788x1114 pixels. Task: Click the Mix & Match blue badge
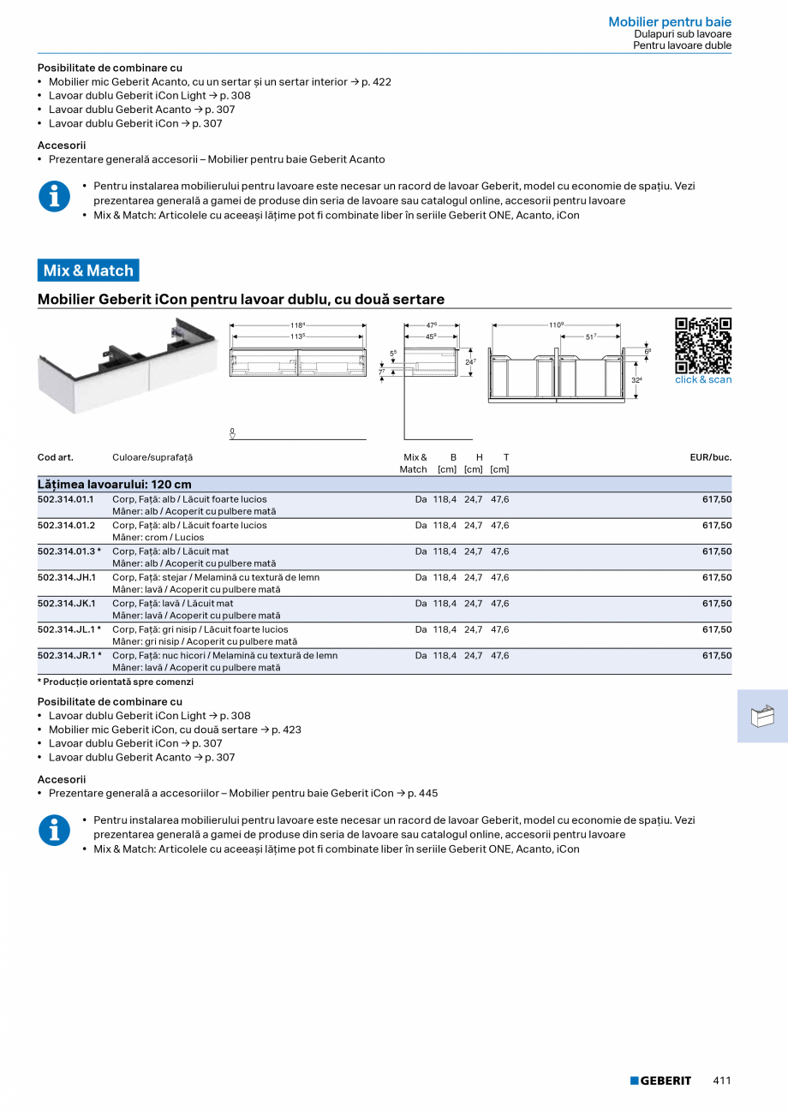[x=88, y=271]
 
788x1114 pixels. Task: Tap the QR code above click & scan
[x=702, y=345]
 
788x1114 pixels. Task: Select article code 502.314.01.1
[x=66, y=499]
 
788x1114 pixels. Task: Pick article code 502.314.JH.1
[x=66, y=577]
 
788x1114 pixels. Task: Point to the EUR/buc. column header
[x=710, y=457]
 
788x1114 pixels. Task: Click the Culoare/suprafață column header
[x=152, y=457]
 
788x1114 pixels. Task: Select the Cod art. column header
[x=56, y=457]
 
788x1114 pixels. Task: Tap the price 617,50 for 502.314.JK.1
[x=717, y=604]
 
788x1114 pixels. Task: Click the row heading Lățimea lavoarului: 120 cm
[x=115, y=485]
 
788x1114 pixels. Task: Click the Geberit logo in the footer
[x=660, y=1081]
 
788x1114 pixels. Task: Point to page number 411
[x=721, y=1081]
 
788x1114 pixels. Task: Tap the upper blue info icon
[x=55, y=196]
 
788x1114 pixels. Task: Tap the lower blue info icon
[x=55, y=831]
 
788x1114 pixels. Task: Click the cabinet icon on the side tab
[x=761, y=716]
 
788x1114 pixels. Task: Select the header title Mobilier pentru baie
[x=670, y=21]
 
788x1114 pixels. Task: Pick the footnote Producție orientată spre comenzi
[x=117, y=682]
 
